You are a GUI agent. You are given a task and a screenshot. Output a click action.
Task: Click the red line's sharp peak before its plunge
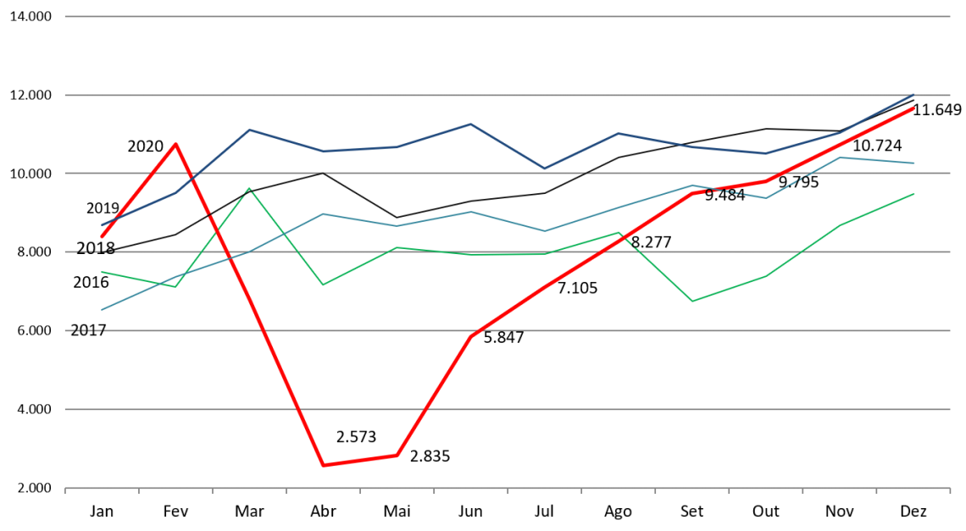(x=175, y=144)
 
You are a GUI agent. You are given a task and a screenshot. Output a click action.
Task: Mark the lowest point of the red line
(x=323, y=465)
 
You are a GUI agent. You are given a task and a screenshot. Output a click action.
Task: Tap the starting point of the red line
(x=102, y=236)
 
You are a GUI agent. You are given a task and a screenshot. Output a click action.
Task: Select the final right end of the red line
(x=913, y=108)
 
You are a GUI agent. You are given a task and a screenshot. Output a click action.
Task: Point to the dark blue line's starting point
(x=102, y=225)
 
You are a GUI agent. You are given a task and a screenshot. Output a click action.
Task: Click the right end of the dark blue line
(x=913, y=94)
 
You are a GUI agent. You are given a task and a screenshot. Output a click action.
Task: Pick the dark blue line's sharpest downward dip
(x=544, y=169)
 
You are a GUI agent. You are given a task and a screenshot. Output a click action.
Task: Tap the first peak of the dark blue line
(x=249, y=130)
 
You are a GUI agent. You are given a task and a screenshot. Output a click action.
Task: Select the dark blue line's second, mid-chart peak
(x=470, y=124)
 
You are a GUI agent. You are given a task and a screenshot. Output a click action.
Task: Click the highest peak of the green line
(x=249, y=188)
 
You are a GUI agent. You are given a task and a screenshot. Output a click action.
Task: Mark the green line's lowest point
(x=692, y=301)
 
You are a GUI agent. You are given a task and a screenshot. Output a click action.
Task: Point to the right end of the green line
(x=913, y=194)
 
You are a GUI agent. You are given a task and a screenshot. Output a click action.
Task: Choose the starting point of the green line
(x=102, y=272)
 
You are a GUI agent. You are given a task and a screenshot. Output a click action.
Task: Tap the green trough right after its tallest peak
(x=323, y=285)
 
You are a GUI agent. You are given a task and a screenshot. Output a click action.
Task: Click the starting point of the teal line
(x=102, y=309)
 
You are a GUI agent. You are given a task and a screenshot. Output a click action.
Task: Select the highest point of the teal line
(x=840, y=158)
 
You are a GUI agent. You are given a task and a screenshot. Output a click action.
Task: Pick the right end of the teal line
(x=913, y=163)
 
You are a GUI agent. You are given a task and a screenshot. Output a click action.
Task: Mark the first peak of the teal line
(x=323, y=214)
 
